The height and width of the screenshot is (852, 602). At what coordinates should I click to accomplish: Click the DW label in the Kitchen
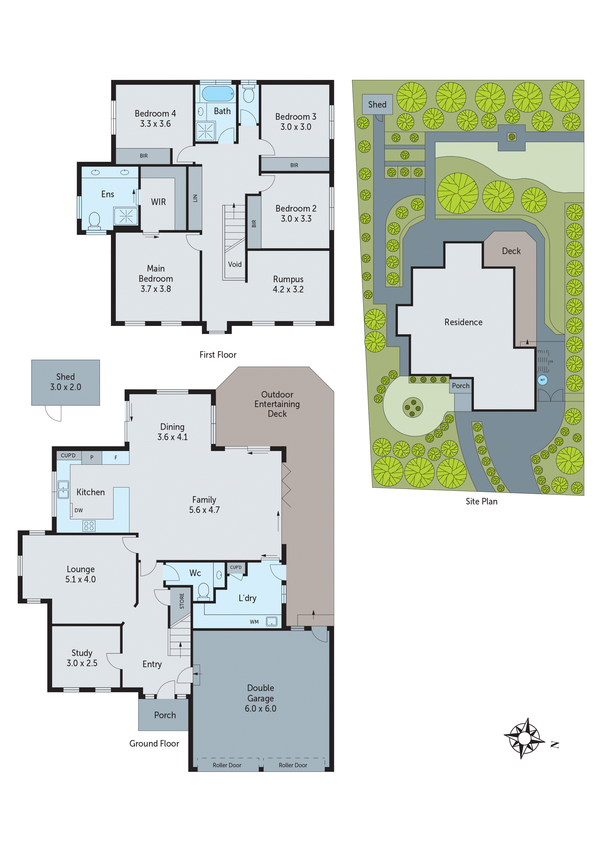[x=79, y=510]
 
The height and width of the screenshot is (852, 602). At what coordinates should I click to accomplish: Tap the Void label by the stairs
[x=235, y=264]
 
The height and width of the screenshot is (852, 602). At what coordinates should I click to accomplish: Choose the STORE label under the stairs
[x=182, y=601]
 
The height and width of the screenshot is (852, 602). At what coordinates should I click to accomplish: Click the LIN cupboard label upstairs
[x=195, y=198]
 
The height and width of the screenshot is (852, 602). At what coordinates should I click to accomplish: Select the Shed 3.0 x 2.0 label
[x=66, y=382]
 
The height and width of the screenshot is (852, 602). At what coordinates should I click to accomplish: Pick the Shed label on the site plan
[x=377, y=105]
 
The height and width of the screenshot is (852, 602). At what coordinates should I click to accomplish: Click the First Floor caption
[x=218, y=355]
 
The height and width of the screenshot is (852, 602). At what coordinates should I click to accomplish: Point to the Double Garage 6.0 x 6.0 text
[x=260, y=698]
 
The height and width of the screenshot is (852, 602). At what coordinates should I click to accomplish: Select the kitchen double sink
[x=63, y=490]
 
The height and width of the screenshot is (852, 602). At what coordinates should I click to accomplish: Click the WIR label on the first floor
[x=158, y=202]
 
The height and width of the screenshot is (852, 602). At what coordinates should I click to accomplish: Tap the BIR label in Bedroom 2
[x=254, y=223]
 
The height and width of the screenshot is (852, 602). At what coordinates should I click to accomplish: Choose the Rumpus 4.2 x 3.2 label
[x=288, y=284]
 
